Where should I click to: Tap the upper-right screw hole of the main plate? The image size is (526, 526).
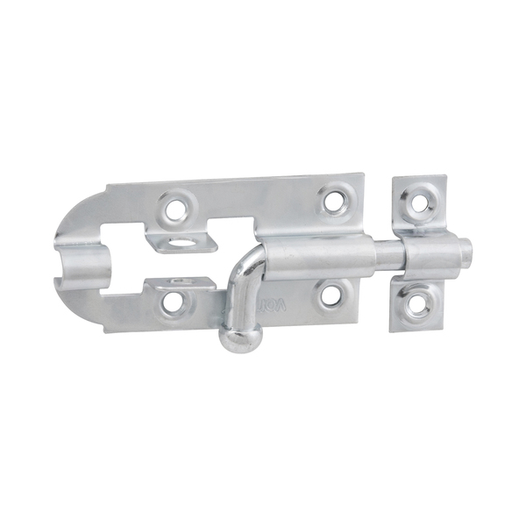pos(334,201)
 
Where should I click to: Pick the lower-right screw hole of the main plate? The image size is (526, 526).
pos(330,294)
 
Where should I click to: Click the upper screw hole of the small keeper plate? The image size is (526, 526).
pos(420,203)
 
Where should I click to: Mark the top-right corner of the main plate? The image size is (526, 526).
pos(362,174)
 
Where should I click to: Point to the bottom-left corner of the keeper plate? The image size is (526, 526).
pos(391,331)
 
